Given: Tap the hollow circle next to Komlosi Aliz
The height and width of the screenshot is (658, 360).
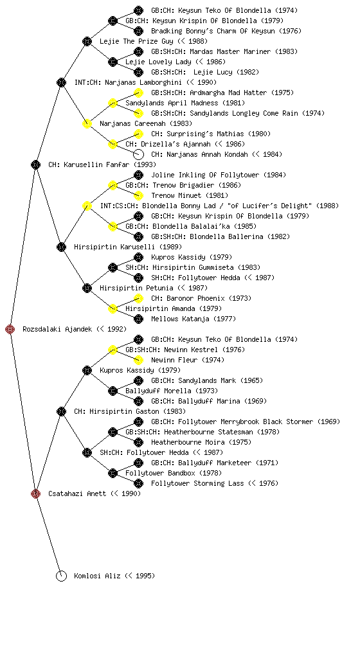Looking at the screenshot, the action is click(x=61, y=576).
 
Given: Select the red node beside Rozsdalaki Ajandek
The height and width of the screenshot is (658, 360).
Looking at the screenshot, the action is click(x=10, y=329).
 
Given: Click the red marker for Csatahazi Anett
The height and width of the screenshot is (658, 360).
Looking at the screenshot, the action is click(x=35, y=493).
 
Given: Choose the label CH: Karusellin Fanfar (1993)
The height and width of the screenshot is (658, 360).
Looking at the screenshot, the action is click(x=102, y=164).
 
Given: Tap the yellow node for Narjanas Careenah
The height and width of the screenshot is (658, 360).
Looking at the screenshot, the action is click(x=87, y=123).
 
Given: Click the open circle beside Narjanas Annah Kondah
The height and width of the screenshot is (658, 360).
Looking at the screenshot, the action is click(x=138, y=154).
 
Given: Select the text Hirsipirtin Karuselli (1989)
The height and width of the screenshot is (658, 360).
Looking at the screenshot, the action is click(x=128, y=247).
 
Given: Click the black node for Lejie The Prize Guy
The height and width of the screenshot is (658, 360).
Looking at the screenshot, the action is click(x=87, y=41).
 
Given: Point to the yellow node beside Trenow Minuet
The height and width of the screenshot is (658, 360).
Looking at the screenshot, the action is click(x=138, y=195).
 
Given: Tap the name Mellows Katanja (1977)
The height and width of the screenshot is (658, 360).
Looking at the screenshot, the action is click(x=194, y=319).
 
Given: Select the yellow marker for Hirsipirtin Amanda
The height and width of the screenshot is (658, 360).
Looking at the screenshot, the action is click(x=113, y=308).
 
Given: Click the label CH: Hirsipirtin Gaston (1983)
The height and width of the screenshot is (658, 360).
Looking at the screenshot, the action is click(x=130, y=411).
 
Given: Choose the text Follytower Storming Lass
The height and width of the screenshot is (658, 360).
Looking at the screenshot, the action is click(x=197, y=483).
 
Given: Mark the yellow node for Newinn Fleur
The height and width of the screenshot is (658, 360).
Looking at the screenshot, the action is click(x=138, y=360).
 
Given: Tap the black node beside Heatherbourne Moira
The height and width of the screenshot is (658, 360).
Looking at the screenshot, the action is click(x=138, y=442).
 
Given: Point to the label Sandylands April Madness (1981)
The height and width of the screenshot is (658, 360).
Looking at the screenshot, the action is click(x=185, y=103).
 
